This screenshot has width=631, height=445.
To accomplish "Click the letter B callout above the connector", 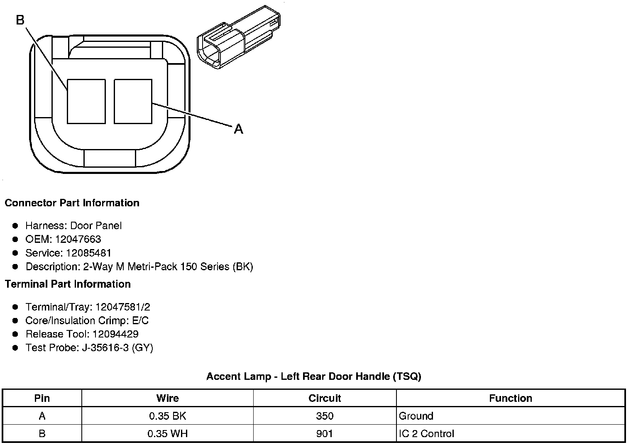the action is point(20,20).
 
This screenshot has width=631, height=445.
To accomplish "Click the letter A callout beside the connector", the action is point(238,129).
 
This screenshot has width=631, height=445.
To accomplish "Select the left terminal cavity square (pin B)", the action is point(86,101).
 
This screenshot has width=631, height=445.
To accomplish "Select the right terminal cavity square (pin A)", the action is point(133,101).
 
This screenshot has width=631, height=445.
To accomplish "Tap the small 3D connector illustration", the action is point(238,37).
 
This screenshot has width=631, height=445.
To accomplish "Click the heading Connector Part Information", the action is point(72,203).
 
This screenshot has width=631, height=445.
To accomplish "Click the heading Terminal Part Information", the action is point(68,284).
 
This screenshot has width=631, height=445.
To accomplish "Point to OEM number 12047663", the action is point(78,239).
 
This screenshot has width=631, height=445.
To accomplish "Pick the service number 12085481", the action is point(88,253).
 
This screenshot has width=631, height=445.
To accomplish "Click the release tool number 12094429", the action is point(115,334).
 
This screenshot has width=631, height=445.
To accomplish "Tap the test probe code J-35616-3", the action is point(105,348).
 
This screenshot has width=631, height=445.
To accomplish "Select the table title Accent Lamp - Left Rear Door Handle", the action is point(313,377).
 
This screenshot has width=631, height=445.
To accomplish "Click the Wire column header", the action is point(167,399).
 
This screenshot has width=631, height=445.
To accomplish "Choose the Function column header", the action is point(510,399).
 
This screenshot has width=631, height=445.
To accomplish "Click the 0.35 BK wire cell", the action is point(167,416).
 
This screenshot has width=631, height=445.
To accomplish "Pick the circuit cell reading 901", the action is point(324,434).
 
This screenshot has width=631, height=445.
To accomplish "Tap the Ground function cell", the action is point(416,416).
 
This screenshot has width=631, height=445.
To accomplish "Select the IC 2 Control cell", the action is point(426,434).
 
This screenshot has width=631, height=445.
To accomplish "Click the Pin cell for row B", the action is point(42,434).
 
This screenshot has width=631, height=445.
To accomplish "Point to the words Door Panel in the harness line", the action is point(96,225).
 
